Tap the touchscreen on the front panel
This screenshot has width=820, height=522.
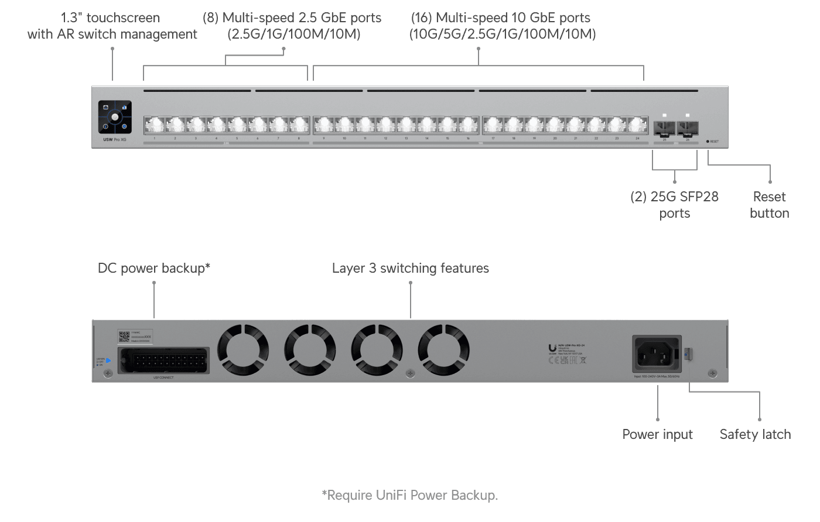(x=115, y=117)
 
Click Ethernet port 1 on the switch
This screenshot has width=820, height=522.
(x=155, y=125)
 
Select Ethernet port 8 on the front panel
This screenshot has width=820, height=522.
(x=299, y=125)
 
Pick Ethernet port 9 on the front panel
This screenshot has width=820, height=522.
(x=324, y=125)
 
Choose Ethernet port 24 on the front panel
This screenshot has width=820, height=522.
(x=637, y=125)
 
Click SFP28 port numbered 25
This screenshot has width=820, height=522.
(x=665, y=128)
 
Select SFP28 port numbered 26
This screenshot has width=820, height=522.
(x=687, y=128)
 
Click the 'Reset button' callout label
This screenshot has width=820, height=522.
(x=769, y=205)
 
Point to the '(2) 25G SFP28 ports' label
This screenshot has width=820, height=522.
(x=674, y=205)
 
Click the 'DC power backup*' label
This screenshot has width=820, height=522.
(x=153, y=268)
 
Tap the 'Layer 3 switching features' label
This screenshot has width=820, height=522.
(x=410, y=268)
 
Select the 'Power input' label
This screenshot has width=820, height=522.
(x=657, y=434)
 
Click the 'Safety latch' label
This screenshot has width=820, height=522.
(x=755, y=434)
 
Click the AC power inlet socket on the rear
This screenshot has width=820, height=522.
(x=657, y=353)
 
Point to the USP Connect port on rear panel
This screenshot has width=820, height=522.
(x=163, y=360)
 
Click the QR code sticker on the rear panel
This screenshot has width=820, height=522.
(x=124, y=336)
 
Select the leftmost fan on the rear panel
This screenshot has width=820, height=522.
(x=243, y=350)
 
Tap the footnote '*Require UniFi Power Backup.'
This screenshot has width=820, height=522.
(x=409, y=495)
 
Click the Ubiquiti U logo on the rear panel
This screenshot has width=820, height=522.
(x=552, y=348)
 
